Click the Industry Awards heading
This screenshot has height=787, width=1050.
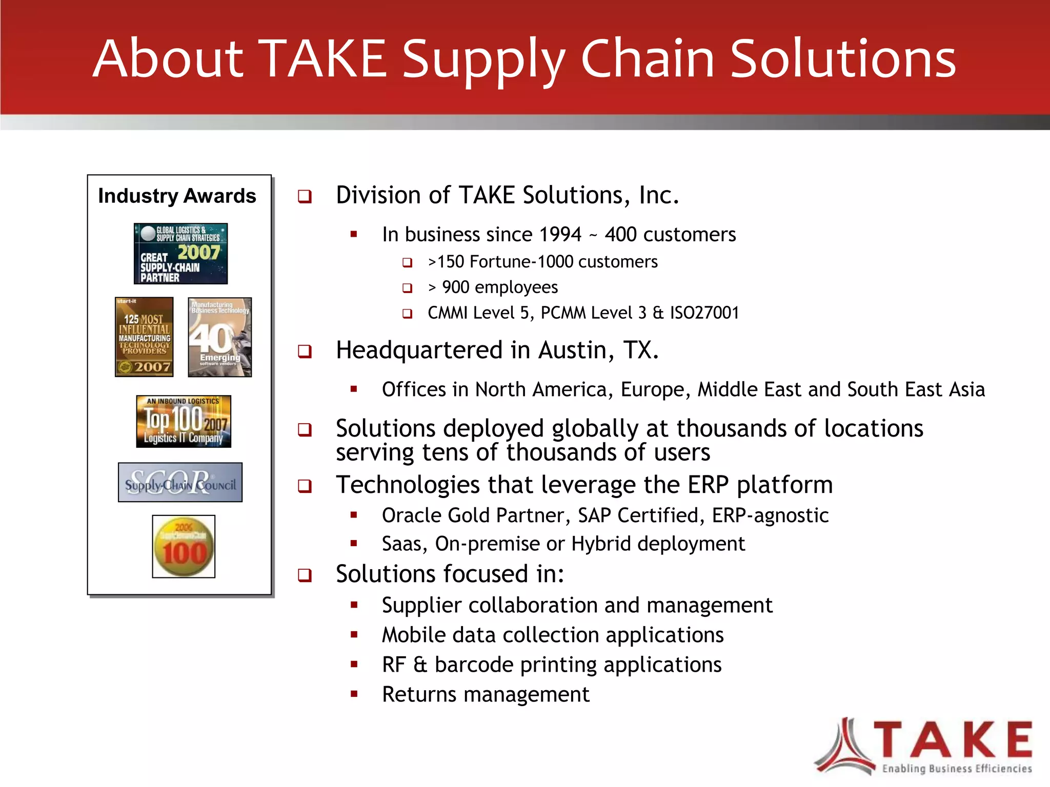click(177, 196)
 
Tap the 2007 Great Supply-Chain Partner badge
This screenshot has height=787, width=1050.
click(180, 254)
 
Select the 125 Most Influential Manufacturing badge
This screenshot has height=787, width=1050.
click(144, 337)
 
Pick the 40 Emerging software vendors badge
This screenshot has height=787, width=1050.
click(219, 337)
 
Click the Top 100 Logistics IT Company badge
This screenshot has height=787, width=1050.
click(184, 421)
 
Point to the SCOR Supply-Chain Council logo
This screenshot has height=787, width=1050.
click(180, 482)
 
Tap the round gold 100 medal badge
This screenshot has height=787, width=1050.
click(184, 547)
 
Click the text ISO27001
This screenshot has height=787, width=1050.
click(704, 313)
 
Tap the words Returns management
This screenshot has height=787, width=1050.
click(486, 695)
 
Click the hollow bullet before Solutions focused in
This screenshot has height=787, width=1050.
click(305, 575)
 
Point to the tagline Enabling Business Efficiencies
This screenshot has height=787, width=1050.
click(957, 769)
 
